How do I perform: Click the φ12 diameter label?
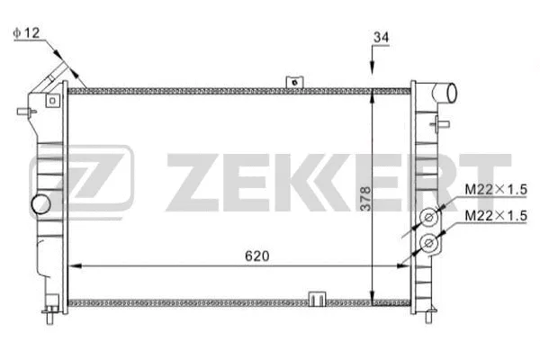point(24,33)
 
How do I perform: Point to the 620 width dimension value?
point(257,256)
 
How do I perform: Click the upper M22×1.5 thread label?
point(495,190)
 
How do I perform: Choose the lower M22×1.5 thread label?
point(495,217)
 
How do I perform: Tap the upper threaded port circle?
point(431,218)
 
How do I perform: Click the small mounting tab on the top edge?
point(292,82)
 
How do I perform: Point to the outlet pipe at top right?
point(445,92)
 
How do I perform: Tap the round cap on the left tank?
point(40,204)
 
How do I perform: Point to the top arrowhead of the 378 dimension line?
point(373,94)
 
